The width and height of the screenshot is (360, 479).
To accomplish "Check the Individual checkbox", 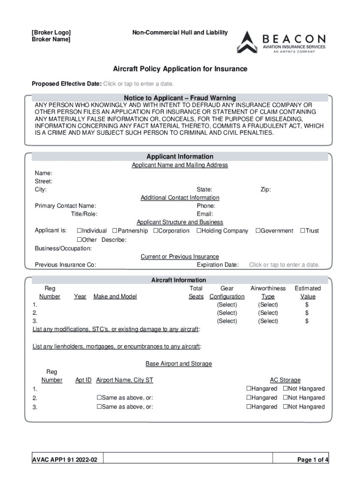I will [79, 231].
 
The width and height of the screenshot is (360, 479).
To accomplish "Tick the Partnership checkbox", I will [115, 231].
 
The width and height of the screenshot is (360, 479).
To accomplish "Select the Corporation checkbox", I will [156, 231].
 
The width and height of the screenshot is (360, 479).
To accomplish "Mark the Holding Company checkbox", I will [199, 231].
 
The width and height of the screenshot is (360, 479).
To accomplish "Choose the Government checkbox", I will [257, 231].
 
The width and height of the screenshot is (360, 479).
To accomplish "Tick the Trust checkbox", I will [302, 231].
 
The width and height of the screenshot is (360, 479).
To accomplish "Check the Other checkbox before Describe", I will [79, 240].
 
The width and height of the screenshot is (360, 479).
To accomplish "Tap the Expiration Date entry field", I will [284, 265].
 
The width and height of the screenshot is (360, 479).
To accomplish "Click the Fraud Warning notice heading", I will [180, 98].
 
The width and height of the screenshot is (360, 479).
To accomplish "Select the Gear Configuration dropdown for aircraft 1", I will [227, 305].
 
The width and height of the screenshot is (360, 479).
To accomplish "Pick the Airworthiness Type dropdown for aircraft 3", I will [268, 321].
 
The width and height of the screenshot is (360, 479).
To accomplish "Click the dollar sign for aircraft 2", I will [307, 313].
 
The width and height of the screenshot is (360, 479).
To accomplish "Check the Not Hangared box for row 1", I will [285, 389].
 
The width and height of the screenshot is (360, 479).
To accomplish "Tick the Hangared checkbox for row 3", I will [249, 407].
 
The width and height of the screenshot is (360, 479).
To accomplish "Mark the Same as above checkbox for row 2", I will [99, 398].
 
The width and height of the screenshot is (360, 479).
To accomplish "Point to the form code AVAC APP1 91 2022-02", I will [65, 460].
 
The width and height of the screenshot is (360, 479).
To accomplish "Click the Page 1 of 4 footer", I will [313, 460].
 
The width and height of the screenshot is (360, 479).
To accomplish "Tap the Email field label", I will [205, 214].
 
